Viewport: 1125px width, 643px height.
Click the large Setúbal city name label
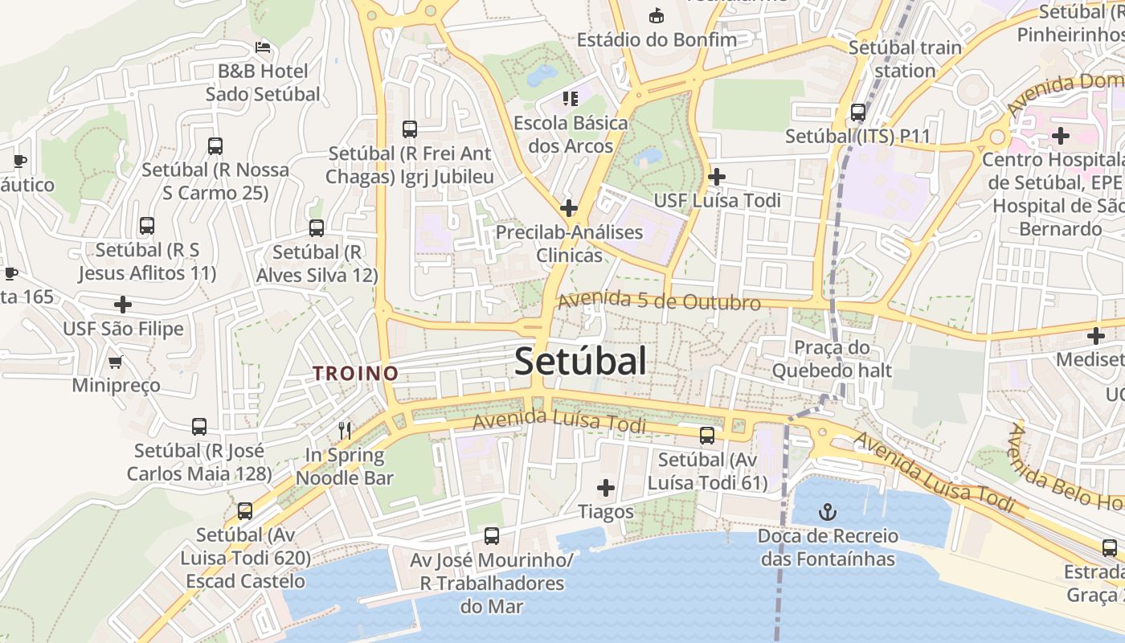580,361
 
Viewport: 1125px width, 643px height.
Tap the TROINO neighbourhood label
356,373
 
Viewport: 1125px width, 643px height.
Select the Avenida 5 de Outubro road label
659,301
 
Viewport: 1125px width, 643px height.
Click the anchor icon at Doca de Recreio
827,511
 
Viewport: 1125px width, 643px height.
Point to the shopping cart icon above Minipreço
115,362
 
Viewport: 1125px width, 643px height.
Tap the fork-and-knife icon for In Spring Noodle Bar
345,431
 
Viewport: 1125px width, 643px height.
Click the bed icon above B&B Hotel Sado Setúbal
262,47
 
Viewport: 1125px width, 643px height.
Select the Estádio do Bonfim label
657,39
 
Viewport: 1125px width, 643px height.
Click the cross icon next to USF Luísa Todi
716,177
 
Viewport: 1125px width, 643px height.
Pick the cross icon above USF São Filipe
123,305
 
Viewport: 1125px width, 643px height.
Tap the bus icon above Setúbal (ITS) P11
858,113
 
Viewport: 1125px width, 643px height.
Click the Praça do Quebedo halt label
832,358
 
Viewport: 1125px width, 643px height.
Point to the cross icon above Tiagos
606,488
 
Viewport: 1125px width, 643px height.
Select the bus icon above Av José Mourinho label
492,535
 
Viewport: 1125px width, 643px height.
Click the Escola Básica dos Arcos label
571,134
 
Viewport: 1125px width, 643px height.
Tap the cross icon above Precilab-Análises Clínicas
569,208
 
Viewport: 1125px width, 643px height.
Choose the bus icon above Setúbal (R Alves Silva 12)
317,228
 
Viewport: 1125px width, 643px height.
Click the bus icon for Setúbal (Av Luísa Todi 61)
707,436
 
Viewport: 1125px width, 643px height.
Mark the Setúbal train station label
905,59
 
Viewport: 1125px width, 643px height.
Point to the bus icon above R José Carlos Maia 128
199,427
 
